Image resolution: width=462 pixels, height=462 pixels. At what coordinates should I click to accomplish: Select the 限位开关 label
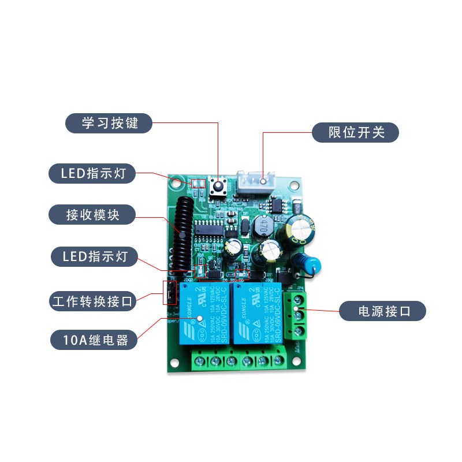coord(356,132)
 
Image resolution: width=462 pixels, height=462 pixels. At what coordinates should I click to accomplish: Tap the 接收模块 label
coord(92,215)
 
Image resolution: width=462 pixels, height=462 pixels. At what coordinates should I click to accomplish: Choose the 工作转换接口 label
coord(92,301)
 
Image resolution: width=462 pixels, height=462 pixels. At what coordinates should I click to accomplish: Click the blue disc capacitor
coord(310,262)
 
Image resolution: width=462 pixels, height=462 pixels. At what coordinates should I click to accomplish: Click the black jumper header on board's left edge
coord(170,293)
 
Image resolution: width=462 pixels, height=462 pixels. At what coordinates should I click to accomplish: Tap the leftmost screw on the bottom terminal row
coord(199,361)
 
